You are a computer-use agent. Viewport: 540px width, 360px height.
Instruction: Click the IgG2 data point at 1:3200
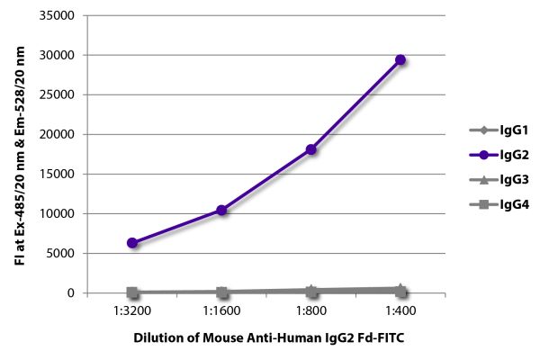pos(132,243)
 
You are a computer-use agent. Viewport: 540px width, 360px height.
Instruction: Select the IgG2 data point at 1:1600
pos(221,211)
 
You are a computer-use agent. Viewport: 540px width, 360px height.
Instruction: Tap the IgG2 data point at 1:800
pos(311,149)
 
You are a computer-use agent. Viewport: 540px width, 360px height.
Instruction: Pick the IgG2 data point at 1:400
pos(400,60)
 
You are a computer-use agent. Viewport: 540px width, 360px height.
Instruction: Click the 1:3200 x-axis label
pos(132,311)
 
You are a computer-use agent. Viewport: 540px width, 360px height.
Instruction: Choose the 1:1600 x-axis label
pos(221,311)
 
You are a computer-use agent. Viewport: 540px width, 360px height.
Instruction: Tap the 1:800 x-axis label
pos(311,311)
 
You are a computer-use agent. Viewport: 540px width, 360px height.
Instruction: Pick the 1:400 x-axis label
pos(400,311)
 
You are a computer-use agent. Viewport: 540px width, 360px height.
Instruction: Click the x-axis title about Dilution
pos(267,339)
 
